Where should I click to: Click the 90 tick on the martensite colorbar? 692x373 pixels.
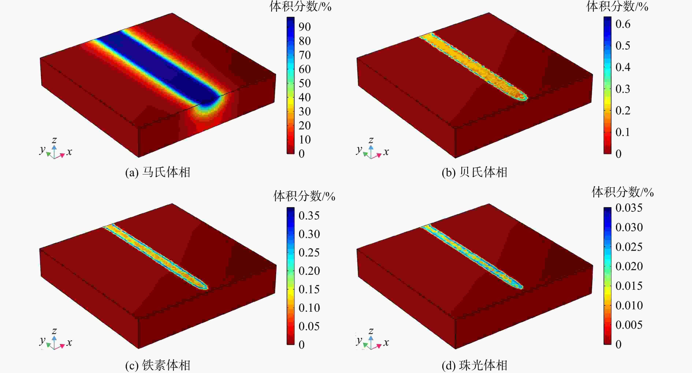point(305,27)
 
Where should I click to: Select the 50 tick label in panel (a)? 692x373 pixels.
point(305,83)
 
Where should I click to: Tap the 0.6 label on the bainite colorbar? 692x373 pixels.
point(623,24)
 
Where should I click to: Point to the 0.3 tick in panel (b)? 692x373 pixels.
point(623,89)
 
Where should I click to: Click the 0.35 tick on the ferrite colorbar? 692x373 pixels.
point(309,216)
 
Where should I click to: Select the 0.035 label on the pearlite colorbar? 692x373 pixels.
point(629,208)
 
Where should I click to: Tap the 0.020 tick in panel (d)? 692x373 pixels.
point(629,266)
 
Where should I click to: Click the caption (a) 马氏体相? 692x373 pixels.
point(158,172)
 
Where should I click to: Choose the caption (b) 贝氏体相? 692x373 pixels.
point(474,172)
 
